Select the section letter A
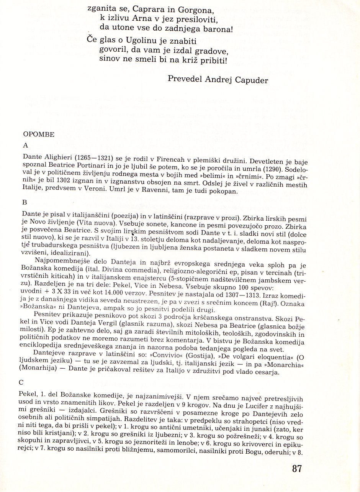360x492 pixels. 26,145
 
